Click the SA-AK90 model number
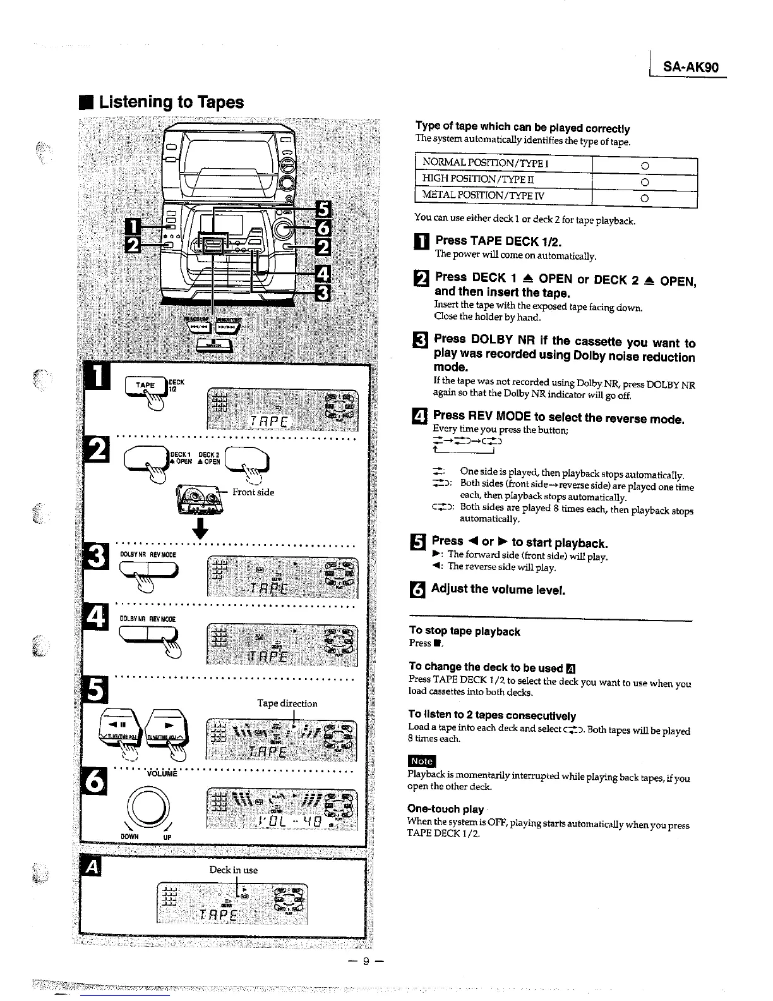click(691, 68)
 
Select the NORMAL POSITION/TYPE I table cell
click(503, 166)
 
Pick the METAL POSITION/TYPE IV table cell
click(503, 197)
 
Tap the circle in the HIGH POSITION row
click(645, 183)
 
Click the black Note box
click(422, 761)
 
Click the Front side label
click(253, 492)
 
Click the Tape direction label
click(287, 703)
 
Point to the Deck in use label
click(233, 870)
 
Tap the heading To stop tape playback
click(464, 631)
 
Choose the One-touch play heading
click(445, 809)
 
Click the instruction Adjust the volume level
click(498, 590)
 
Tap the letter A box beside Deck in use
click(93, 870)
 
